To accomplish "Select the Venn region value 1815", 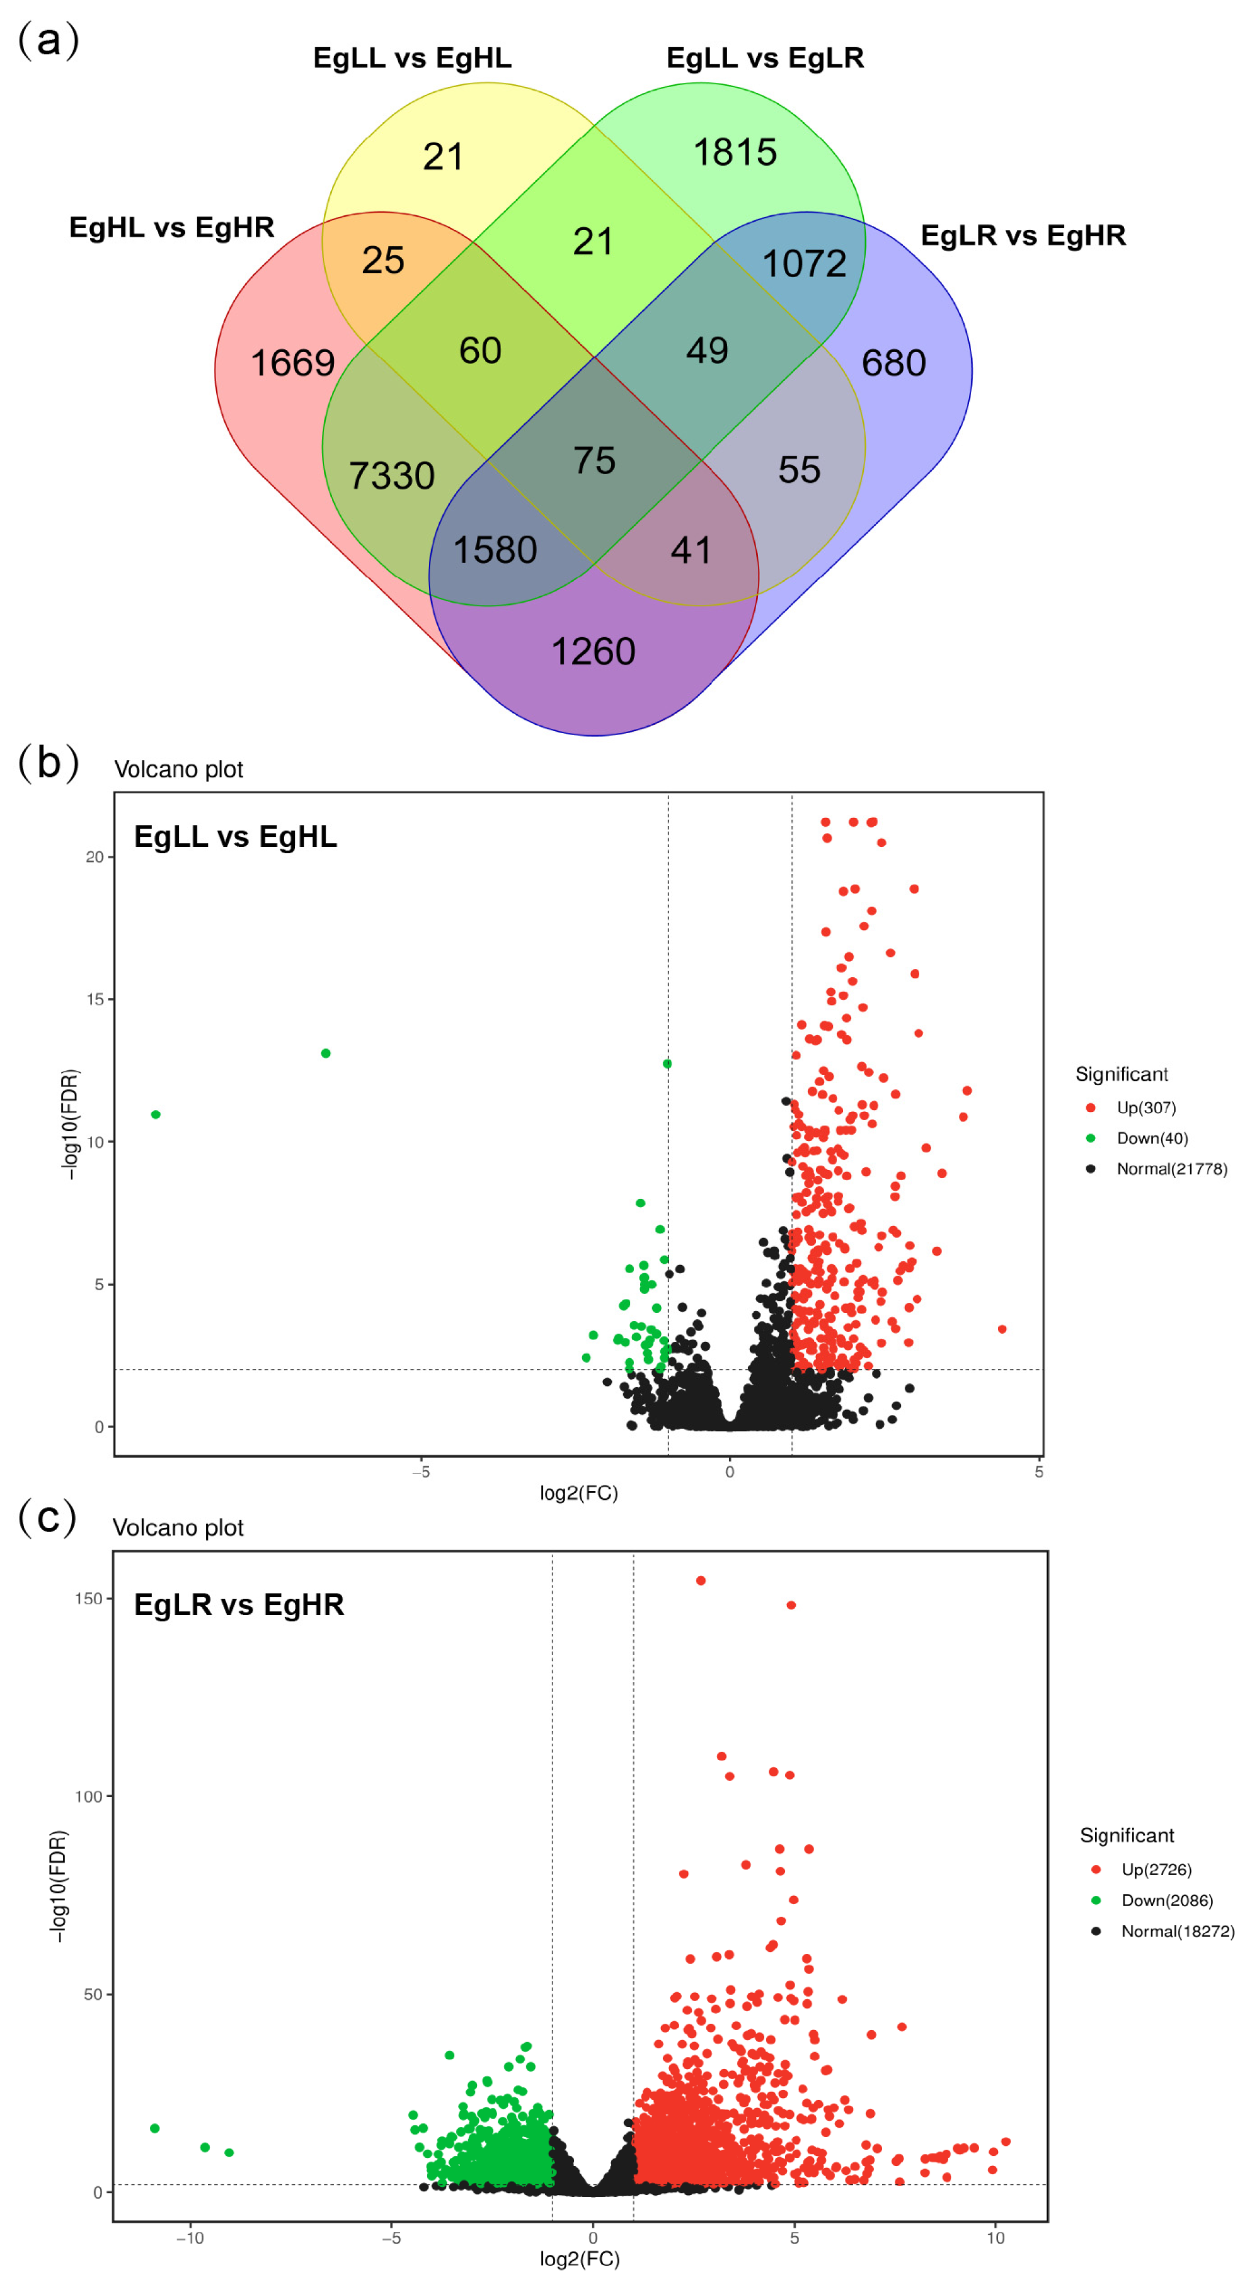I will [x=735, y=152].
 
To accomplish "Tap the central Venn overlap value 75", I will [x=594, y=460].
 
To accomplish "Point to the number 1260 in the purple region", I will [x=593, y=651].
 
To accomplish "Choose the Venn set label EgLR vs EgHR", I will [x=1022, y=235].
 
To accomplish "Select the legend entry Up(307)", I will [x=1145, y=1107].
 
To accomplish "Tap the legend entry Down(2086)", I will [x=1166, y=1900].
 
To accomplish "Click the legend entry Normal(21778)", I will [x=1171, y=1168].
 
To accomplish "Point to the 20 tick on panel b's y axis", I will [x=95, y=857].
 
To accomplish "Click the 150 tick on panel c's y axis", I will [x=88, y=1598].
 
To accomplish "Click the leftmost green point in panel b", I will [x=156, y=1114].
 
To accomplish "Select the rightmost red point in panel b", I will [x=1002, y=1329].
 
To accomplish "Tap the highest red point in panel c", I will [x=701, y=1580].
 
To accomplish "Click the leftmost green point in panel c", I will [x=155, y=2128].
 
